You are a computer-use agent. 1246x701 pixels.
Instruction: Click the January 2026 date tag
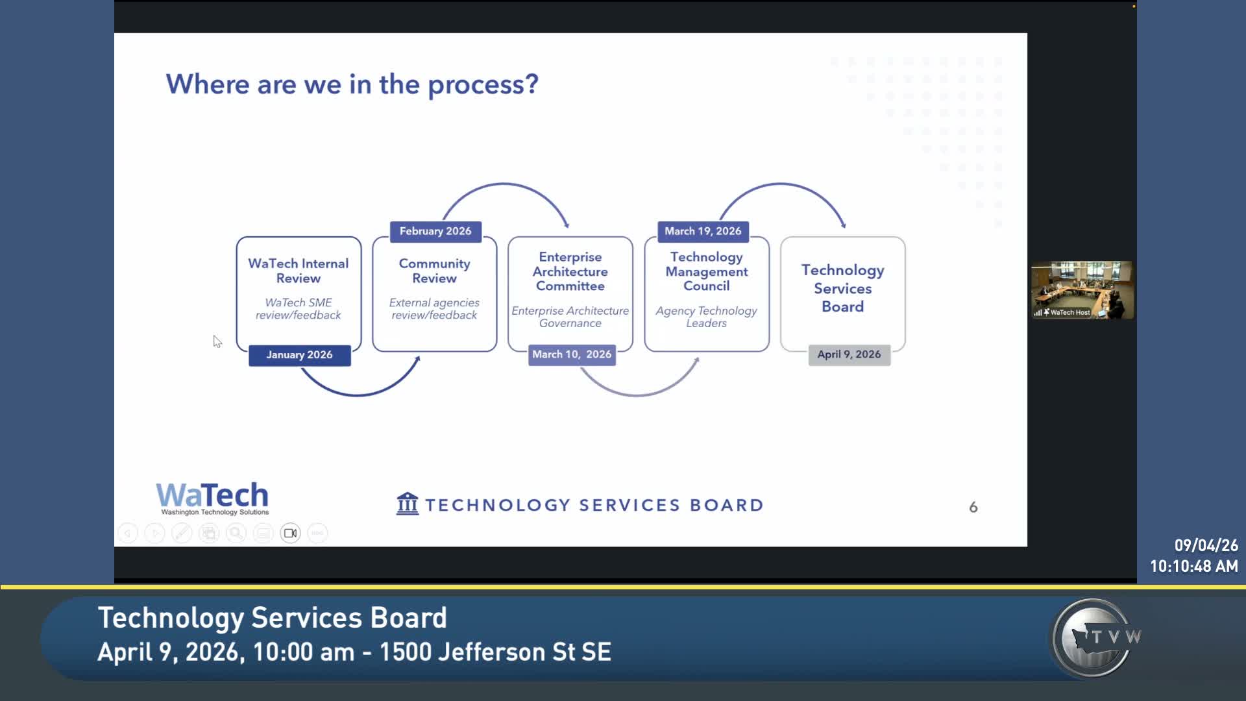pyautogui.click(x=300, y=355)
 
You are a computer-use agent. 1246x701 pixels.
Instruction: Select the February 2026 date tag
pyautogui.click(x=435, y=231)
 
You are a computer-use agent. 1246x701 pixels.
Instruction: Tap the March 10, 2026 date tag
pyautogui.click(x=572, y=354)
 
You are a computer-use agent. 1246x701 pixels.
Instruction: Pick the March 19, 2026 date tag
pyautogui.click(x=703, y=231)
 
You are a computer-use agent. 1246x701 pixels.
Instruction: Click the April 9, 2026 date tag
pyautogui.click(x=849, y=354)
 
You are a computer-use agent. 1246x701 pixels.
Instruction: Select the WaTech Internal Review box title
pyautogui.click(x=299, y=271)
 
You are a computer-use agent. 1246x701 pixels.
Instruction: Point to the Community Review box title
pyautogui.click(x=435, y=271)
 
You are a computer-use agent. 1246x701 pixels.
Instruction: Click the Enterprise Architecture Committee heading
pyautogui.click(x=570, y=271)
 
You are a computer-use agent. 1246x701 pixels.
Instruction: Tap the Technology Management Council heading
pyautogui.click(x=707, y=271)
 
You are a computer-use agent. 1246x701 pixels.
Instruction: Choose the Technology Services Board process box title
pyautogui.click(x=843, y=288)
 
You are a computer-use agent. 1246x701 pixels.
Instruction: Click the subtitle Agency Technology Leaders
pyautogui.click(x=707, y=317)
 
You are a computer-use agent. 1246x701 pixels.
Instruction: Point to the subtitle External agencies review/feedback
pyautogui.click(x=434, y=309)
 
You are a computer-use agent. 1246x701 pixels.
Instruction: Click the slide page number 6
pyautogui.click(x=973, y=507)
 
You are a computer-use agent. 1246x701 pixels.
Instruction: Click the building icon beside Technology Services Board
pyautogui.click(x=408, y=504)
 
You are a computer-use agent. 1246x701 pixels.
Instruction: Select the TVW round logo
pyautogui.click(x=1095, y=638)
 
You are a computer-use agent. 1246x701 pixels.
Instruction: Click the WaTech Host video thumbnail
pyautogui.click(x=1082, y=290)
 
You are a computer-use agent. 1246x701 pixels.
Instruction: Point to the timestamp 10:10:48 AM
pyautogui.click(x=1194, y=567)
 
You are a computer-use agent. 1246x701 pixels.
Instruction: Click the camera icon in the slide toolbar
pyautogui.click(x=290, y=533)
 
